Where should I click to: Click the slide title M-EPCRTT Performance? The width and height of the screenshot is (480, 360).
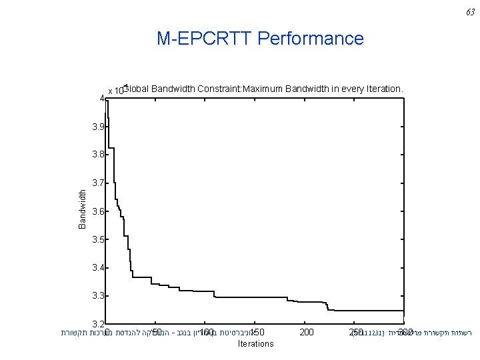260,39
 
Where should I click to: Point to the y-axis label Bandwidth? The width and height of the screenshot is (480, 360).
83,209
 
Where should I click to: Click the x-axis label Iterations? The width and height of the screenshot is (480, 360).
255,344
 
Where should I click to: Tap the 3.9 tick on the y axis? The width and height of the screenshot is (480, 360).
97,127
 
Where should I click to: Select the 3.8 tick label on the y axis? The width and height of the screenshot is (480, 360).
97,155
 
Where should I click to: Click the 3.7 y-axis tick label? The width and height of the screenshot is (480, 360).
97,183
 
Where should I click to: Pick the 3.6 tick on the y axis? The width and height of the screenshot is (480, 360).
97,211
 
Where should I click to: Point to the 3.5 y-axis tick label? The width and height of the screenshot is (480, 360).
97,239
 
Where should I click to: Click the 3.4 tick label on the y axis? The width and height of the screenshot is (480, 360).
97,268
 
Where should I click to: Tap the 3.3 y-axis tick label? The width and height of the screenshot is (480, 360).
97,296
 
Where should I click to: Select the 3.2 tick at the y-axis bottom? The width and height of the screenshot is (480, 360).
97,324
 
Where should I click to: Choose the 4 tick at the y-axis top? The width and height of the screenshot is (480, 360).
101,99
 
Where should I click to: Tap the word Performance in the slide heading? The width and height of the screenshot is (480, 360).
311,39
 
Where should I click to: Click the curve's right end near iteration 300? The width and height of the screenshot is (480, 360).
403,311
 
